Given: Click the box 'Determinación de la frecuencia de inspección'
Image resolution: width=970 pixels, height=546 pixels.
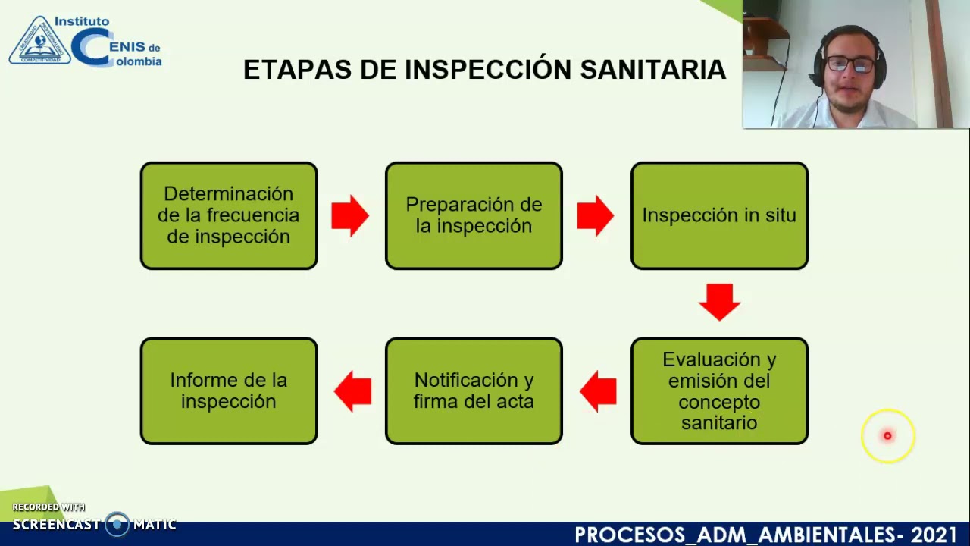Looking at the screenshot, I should tap(229, 215).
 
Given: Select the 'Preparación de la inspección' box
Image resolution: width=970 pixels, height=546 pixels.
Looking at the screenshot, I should tap(474, 215).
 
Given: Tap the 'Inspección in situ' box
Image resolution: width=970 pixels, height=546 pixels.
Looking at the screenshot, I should tap(719, 215).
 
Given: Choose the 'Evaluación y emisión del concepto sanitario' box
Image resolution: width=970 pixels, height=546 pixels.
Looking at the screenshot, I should tap(719, 391).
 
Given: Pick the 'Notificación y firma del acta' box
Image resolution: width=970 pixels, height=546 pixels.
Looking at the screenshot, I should tap(474, 391).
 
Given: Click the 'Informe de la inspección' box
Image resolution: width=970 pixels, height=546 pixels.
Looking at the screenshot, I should tap(229, 391).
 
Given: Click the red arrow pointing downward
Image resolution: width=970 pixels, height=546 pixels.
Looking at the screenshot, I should tap(719, 302).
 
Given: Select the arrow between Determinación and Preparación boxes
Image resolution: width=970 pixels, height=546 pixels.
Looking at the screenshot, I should tap(350, 216).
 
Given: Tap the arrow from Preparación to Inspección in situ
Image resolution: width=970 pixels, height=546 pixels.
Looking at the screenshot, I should tap(596, 216).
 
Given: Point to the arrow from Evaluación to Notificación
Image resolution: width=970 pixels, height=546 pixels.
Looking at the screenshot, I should tap(598, 391).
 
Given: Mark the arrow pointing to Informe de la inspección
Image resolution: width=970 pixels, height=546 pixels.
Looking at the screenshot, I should tap(352, 391).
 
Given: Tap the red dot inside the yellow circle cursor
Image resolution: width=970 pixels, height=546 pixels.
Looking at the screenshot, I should tap(887, 436).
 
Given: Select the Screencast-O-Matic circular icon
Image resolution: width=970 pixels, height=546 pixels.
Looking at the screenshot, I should tap(117, 524).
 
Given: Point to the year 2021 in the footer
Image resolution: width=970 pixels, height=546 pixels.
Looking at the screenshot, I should tap(934, 535).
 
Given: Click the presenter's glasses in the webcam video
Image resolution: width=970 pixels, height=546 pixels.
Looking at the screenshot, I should tap(849, 64).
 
